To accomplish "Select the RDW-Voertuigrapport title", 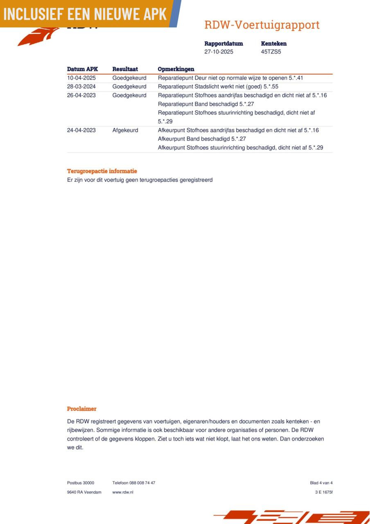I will coord(262,25).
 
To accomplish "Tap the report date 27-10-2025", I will coord(219,52).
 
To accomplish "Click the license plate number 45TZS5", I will coord(271,52).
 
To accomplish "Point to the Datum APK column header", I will coord(82,69).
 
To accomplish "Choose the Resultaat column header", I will coord(125,69).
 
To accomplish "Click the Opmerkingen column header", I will coord(176,69).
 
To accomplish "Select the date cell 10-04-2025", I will coord(81,78).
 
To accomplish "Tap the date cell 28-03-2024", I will coord(81,87).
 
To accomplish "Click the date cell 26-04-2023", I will coord(81,95).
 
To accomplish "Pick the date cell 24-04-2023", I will coord(81,130).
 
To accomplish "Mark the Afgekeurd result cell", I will coord(125,130).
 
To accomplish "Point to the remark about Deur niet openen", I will coord(230,78).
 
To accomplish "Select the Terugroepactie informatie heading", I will coord(102,171).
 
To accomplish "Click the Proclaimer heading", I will coord(82,409).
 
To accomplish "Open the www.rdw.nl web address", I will coord(123,492).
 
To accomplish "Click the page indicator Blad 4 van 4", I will coord(321,483).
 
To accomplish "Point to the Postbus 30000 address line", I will coord(81,483).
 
